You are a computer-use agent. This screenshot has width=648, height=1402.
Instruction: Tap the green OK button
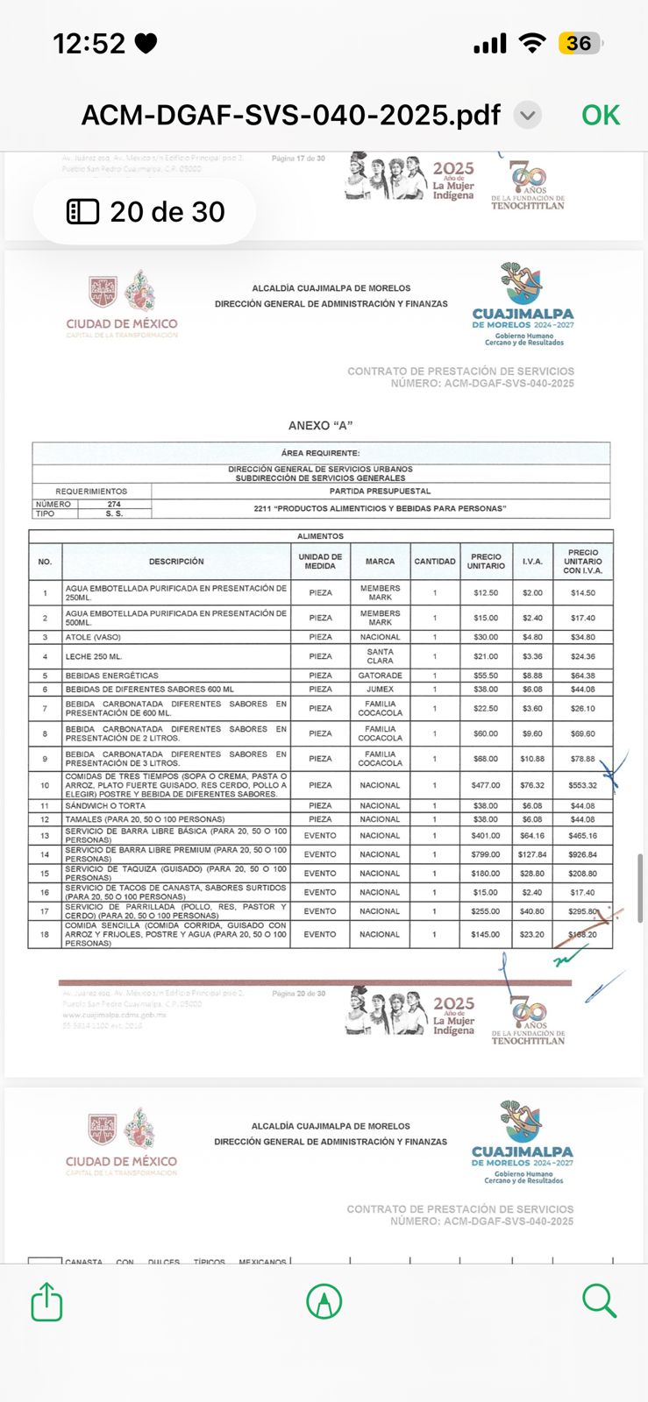pyautogui.click(x=601, y=115)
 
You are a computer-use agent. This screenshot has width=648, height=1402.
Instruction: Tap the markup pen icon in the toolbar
pyautogui.click(x=324, y=1301)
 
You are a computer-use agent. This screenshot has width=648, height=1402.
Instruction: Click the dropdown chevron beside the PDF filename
pyautogui.click(x=528, y=115)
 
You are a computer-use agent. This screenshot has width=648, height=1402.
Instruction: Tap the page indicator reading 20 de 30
pyautogui.click(x=146, y=211)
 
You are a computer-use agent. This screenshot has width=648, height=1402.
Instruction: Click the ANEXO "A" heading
pyautogui.click(x=320, y=426)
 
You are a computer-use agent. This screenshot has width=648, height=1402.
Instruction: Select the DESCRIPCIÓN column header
pyautogui.click(x=176, y=562)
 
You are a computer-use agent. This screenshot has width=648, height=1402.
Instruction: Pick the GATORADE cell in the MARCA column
pyautogui.click(x=380, y=676)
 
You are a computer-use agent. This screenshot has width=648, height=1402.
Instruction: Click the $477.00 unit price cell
pyautogui.click(x=486, y=785)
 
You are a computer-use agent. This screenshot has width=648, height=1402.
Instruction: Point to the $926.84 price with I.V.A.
pyautogui.click(x=582, y=854)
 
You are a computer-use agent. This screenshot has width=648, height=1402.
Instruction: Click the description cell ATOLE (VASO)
pyautogui.click(x=93, y=637)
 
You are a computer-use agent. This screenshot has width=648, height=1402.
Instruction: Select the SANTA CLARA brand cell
pyautogui.click(x=380, y=656)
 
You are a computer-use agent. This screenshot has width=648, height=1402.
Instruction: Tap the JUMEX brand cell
pyautogui.click(x=380, y=690)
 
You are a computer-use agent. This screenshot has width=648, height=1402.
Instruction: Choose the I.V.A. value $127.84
pyautogui.click(x=532, y=854)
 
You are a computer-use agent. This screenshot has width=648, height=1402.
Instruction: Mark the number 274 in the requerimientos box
pyautogui.click(x=114, y=505)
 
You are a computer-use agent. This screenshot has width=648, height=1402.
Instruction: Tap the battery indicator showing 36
pyautogui.click(x=580, y=43)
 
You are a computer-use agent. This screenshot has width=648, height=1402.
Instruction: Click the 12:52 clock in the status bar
pyautogui.click(x=89, y=43)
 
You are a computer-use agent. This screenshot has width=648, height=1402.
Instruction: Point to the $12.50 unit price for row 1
pyautogui.click(x=486, y=593)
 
